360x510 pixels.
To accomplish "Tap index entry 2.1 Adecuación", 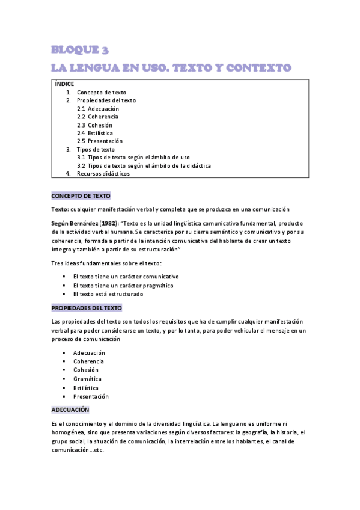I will (98, 109).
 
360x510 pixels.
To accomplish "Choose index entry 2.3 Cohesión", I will (94, 125).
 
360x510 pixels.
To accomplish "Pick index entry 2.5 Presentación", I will (100, 141).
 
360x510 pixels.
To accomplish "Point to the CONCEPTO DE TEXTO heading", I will (81, 196).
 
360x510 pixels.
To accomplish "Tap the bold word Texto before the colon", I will (59, 209).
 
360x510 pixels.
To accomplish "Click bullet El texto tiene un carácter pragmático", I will (126, 286).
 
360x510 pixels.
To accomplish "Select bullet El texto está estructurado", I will (108, 294).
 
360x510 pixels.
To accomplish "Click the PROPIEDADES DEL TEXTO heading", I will (87, 308).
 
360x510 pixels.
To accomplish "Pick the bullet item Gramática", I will (87, 379).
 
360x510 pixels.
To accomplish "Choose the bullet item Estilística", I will (86, 388).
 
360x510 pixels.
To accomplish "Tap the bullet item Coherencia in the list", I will (88, 361).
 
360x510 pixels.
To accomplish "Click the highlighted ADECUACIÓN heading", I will (70, 410).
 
